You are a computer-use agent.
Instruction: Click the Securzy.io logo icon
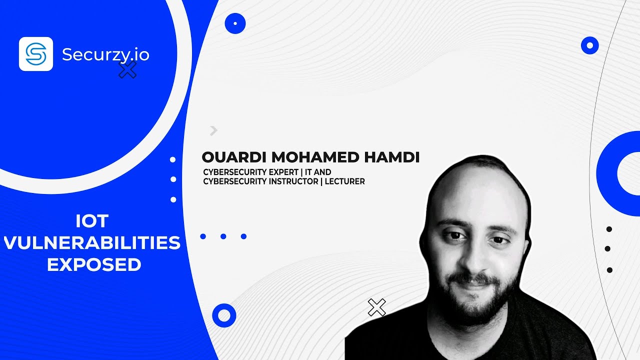coord(36,54)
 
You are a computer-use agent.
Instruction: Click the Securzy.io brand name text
coord(105,54)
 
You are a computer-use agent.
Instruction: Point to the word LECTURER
coord(344,181)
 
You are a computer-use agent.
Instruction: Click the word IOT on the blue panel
coord(92,220)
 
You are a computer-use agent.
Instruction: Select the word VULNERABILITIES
coord(92,243)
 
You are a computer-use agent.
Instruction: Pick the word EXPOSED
coord(94,265)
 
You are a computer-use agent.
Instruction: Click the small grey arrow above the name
coord(214,130)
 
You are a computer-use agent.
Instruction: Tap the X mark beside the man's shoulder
coord(376,307)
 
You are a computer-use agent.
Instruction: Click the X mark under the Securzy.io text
coord(127,70)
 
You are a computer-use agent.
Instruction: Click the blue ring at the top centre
coord(235,23)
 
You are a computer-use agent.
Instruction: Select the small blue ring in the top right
coord(589,45)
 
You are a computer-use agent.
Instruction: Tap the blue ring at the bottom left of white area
coord(224,315)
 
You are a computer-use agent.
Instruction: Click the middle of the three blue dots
coord(223,236)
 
